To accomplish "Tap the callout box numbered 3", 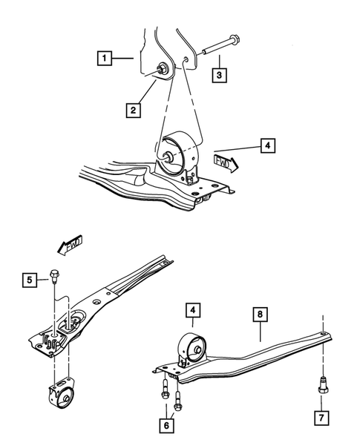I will click(x=219, y=75).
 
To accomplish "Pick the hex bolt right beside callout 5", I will click(x=55, y=278).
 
